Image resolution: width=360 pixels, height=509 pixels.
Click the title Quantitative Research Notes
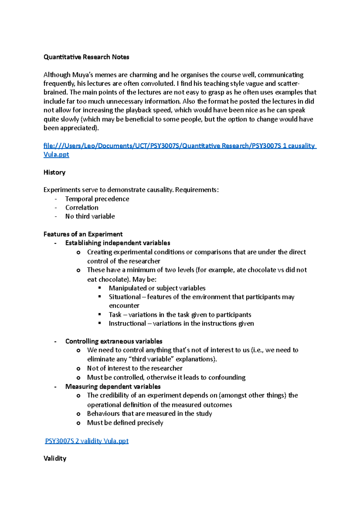pyautogui.click(x=86, y=57)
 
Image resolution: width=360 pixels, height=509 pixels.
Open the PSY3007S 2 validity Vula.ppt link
pyautogui.click(x=87, y=441)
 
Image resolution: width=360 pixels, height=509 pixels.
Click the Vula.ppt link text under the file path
pyautogui.click(x=56, y=155)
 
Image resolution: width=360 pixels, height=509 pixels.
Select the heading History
pyautogui.click(x=54, y=172)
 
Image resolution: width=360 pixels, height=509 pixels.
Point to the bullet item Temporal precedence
pyautogui.click(x=97, y=199)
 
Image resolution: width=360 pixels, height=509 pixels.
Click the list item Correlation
pyautogui.click(x=82, y=207)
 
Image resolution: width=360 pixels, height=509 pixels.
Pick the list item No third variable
pyautogui.click(x=90, y=216)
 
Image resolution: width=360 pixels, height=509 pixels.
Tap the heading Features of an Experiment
pyautogui.click(x=83, y=234)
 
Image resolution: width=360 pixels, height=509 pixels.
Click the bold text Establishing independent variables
pyautogui.click(x=118, y=243)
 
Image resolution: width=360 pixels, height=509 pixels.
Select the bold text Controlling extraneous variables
pyautogui.click(x=114, y=341)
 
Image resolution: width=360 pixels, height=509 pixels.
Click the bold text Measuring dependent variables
pyautogui.click(x=113, y=386)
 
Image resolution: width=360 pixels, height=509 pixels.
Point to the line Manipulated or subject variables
pyautogui.click(x=157, y=288)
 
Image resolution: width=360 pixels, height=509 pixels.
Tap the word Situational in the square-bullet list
pyautogui.click(x=124, y=297)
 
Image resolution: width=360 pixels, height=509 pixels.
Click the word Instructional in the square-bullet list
pyautogui.click(x=127, y=323)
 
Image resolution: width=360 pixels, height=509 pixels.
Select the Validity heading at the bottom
pyautogui.click(x=55, y=458)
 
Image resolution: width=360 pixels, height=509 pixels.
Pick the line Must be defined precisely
pyautogui.click(x=125, y=423)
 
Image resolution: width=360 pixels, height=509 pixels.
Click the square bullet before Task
pyautogui.click(x=100, y=314)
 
